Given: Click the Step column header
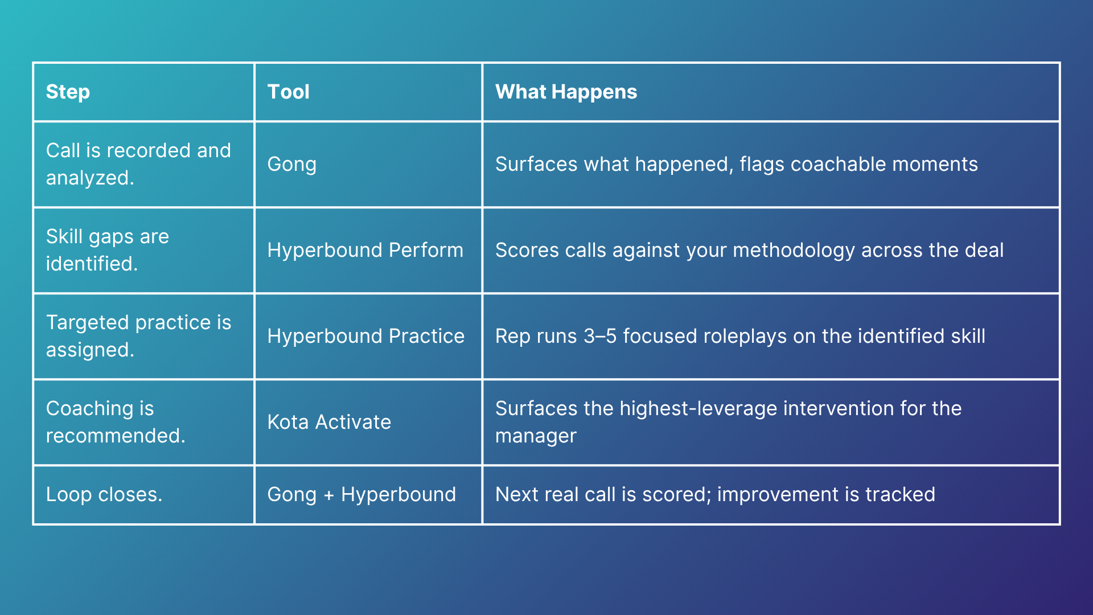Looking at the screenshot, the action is pyautogui.click(x=68, y=92).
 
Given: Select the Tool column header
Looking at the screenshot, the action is pyautogui.click(x=288, y=92).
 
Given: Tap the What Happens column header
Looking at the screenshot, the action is pyautogui.click(x=566, y=92).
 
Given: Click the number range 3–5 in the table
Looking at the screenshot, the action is pyautogui.click(x=600, y=336).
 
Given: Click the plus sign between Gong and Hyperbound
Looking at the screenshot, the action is pyautogui.click(x=328, y=495).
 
